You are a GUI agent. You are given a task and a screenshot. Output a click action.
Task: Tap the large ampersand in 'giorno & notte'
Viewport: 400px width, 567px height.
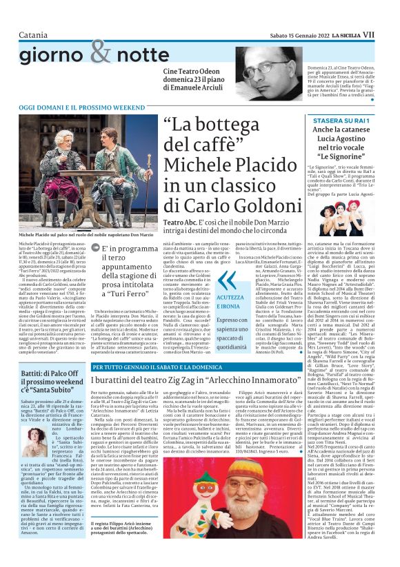pos(100,51)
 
